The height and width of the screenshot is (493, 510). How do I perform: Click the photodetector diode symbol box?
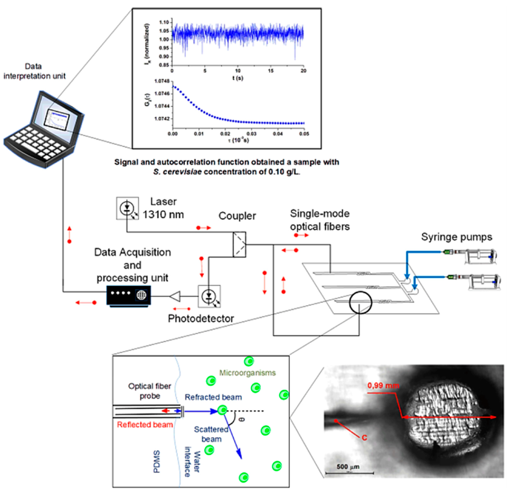[209, 296]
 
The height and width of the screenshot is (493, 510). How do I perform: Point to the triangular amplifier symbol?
[175, 296]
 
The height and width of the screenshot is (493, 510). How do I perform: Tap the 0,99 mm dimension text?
[383, 386]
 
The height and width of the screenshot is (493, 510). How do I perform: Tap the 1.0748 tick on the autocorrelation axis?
[162, 81]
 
